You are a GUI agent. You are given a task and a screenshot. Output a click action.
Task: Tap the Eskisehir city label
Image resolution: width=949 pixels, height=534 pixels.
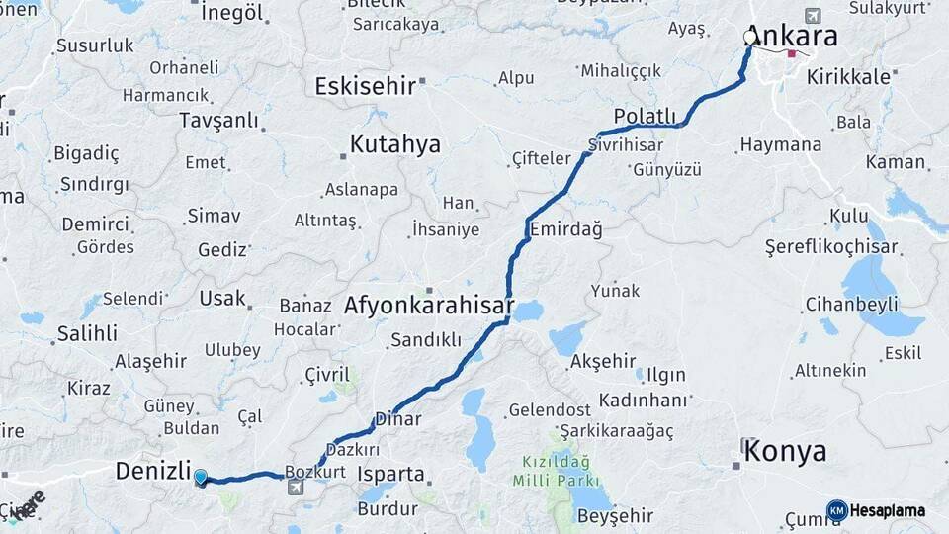point(365,86)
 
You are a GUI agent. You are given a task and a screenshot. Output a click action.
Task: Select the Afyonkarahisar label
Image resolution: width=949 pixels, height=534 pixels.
point(428,306)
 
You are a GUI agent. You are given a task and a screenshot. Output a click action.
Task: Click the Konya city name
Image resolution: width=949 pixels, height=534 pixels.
point(785,452)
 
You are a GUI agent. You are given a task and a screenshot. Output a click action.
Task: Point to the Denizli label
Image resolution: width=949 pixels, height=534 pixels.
point(152,471)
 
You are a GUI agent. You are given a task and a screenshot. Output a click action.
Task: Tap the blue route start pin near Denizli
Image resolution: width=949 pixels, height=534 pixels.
point(201,478)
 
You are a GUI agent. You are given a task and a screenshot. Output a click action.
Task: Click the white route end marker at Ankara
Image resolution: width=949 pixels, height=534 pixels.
point(749,38)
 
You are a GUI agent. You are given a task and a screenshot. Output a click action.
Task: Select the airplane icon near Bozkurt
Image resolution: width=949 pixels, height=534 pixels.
point(296,487)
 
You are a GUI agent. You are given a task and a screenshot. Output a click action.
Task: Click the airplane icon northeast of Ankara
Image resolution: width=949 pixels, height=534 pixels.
point(813,16)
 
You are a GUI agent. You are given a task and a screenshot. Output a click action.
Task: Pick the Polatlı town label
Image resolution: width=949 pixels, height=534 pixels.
point(645,115)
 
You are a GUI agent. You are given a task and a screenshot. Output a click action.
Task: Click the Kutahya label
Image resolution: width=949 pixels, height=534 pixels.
point(394,145)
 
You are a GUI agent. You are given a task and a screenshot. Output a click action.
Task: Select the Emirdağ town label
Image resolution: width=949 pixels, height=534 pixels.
point(565,229)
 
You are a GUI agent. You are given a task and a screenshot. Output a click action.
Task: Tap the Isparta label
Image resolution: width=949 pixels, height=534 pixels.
point(390,474)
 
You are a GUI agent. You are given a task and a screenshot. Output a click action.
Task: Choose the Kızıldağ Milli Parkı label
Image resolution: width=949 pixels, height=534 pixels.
point(554,471)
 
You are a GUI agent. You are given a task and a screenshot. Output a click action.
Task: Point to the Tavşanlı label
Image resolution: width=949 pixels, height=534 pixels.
point(218,120)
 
